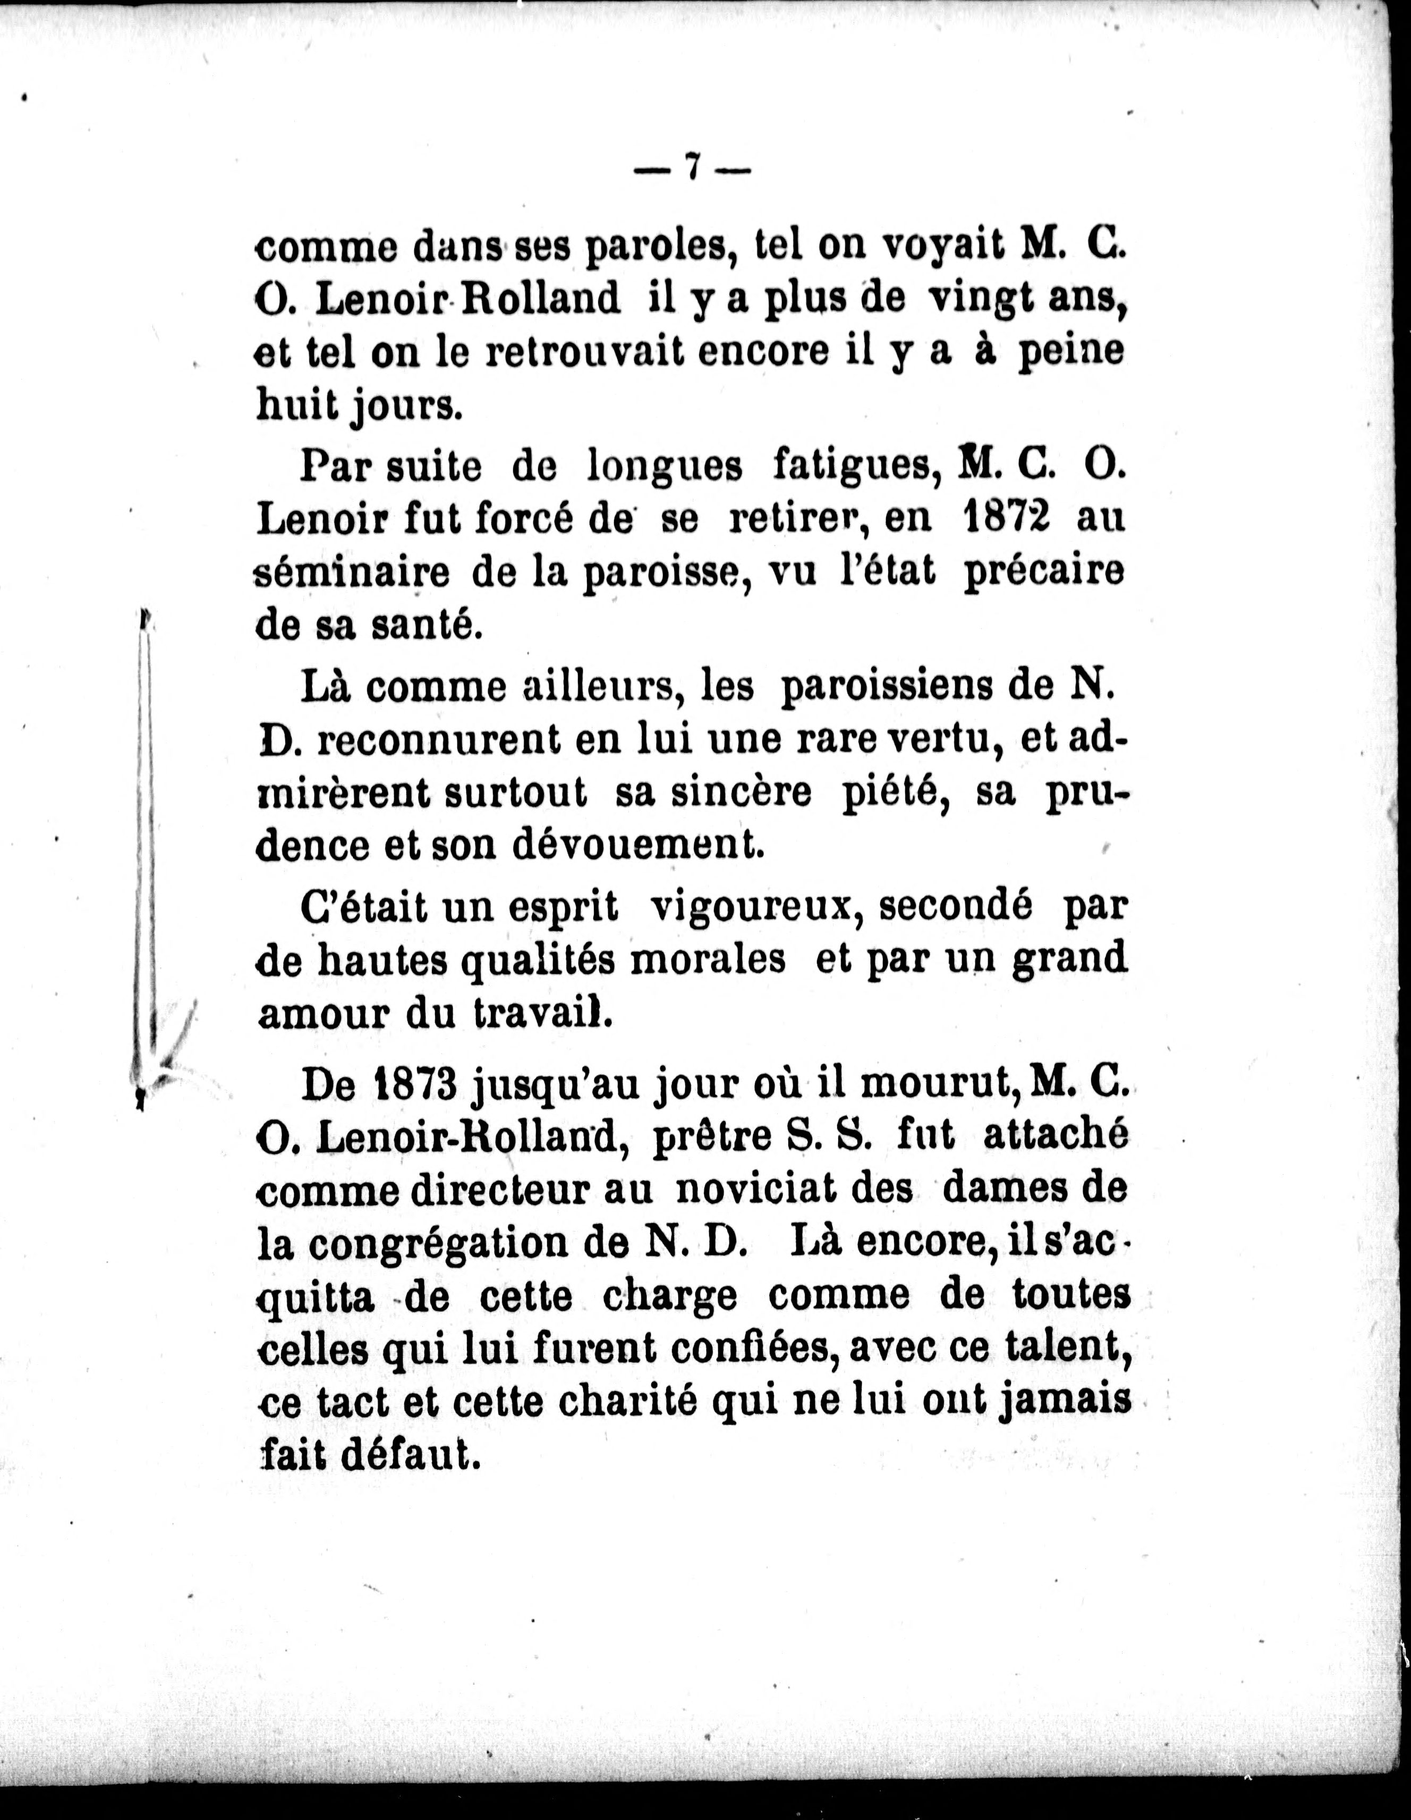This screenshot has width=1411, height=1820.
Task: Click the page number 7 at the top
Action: tap(691, 169)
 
